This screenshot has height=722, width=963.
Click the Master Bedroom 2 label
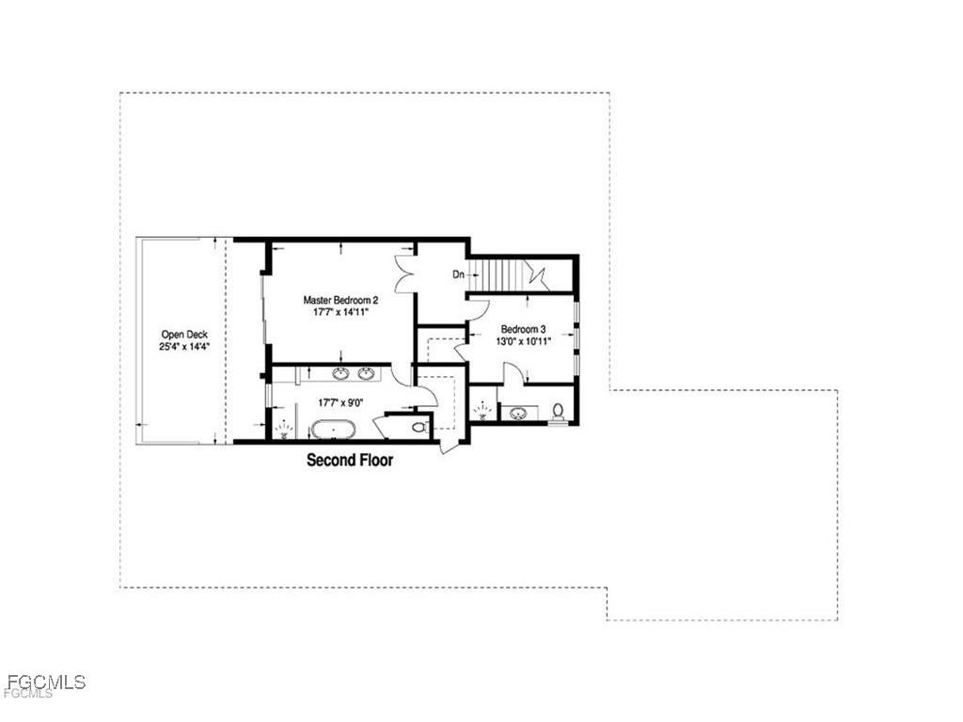pos(340,300)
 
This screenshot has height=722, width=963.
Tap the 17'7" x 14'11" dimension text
pos(340,312)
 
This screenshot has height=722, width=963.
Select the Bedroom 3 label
pos(523,329)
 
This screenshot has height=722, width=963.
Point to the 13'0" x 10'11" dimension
pos(523,341)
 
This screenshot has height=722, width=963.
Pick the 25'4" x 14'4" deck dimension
pos(184,346)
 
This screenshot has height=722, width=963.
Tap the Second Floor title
pos(350,461)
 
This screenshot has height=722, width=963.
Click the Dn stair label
pos(459,275)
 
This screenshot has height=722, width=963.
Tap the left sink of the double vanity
pos(339,375)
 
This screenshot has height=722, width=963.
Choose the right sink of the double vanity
pos(365,375)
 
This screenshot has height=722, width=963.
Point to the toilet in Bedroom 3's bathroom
pos(559,410)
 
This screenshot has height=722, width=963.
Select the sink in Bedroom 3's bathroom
pos(517,412)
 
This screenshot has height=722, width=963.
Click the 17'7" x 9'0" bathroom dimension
pos(340,402)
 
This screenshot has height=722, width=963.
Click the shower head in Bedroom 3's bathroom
pos(483,410)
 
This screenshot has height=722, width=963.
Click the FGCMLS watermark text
pos(45,682)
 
